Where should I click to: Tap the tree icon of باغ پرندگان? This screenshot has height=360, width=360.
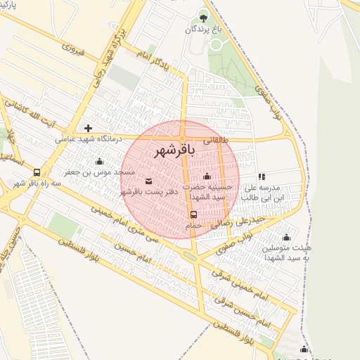tap(204, 15)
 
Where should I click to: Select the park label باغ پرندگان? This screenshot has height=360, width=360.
tap(203, 30)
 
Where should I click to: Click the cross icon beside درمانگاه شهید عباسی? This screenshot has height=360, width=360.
tap(88, 128)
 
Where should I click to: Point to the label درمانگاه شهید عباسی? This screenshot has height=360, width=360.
tap(89, 139)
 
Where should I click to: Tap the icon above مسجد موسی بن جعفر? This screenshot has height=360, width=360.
tap(99, 162)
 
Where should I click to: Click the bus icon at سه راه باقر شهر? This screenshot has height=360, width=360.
tap(37, 172)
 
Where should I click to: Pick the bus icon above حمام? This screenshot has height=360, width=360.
tap(193, 214)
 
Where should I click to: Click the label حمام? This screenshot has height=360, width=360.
tap(193, 226)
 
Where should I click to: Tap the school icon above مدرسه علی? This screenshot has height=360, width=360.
tap(262, 177)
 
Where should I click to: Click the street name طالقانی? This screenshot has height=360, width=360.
tap(217, 140)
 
